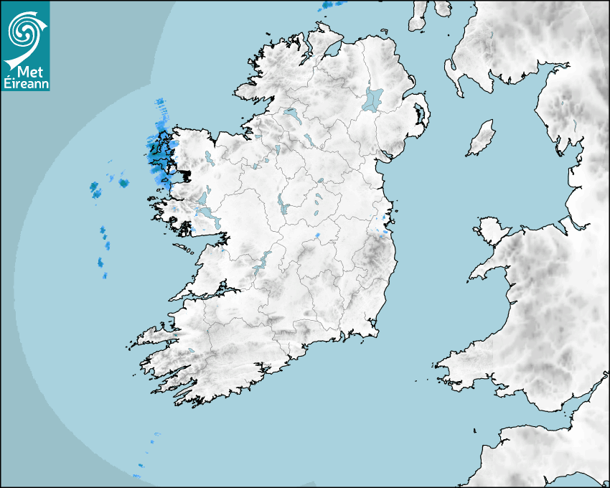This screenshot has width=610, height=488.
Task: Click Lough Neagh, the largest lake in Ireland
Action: coord(374,98)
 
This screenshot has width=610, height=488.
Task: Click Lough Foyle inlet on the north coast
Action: coord(332,52)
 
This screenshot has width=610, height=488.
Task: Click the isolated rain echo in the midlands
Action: coord(317,235)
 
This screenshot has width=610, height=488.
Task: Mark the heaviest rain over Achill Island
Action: coord(154,152)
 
